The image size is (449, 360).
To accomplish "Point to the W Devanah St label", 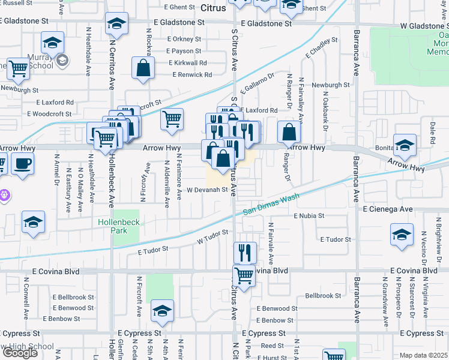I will pyautogui.click(x=207, y=190).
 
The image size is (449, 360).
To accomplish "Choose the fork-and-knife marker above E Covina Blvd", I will pyautogui.click(x=245, y=252).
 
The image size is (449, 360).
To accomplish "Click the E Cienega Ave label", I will pyautogui.click(x=388, y=208).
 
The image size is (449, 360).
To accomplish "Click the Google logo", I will pyautogui.click(x=20, y=353).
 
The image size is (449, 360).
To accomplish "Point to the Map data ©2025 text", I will pyautogui.click(x=424, y=355).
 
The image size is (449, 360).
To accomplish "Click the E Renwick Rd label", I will pyautogui.click(x=191, y=75).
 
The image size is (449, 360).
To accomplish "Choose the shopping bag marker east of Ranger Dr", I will pyautogui.click(x=289, y=132).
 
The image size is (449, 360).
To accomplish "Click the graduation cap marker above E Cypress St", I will pyautogui.click(x=162, y=310).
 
